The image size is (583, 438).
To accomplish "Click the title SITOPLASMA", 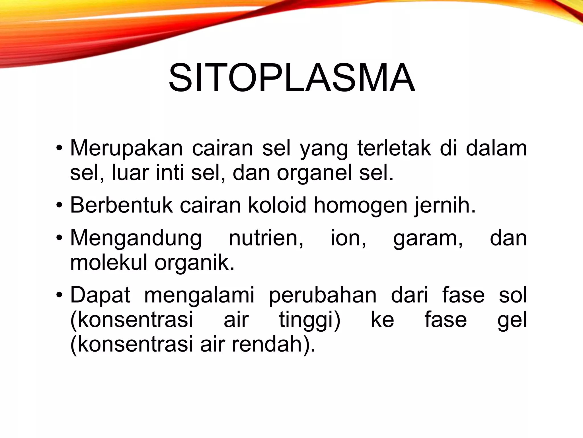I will [291, 78].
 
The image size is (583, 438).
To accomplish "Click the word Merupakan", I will [126, 148].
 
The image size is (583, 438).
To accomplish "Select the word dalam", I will [496, 148].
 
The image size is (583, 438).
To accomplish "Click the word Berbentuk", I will [121, 205].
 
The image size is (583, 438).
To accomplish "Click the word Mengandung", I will [136, 238].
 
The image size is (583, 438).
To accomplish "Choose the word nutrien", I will [266, 238].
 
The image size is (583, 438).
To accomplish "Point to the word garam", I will [428, 238].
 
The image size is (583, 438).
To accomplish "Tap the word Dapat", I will [100, 295].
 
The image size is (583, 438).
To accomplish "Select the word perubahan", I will [323, 295].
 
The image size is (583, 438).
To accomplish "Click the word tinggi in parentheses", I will [309, 320].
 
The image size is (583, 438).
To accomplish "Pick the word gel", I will [512, 320].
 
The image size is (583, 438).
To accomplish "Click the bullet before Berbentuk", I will [59, 205].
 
